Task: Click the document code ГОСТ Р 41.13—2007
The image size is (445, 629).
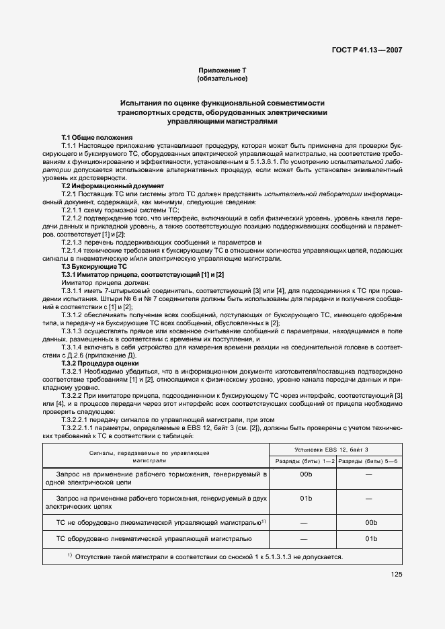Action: tap(370, 49)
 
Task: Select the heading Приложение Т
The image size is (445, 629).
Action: tap(222, 71)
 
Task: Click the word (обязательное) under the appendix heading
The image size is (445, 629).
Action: tap(222, 79)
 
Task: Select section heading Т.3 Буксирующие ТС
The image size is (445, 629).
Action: tap(94, 266)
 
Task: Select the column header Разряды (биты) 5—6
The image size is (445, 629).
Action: tap(368, 460)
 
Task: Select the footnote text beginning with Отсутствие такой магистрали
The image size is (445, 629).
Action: tap(208, 556)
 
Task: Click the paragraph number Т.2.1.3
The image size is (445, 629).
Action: tap(72, 242)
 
